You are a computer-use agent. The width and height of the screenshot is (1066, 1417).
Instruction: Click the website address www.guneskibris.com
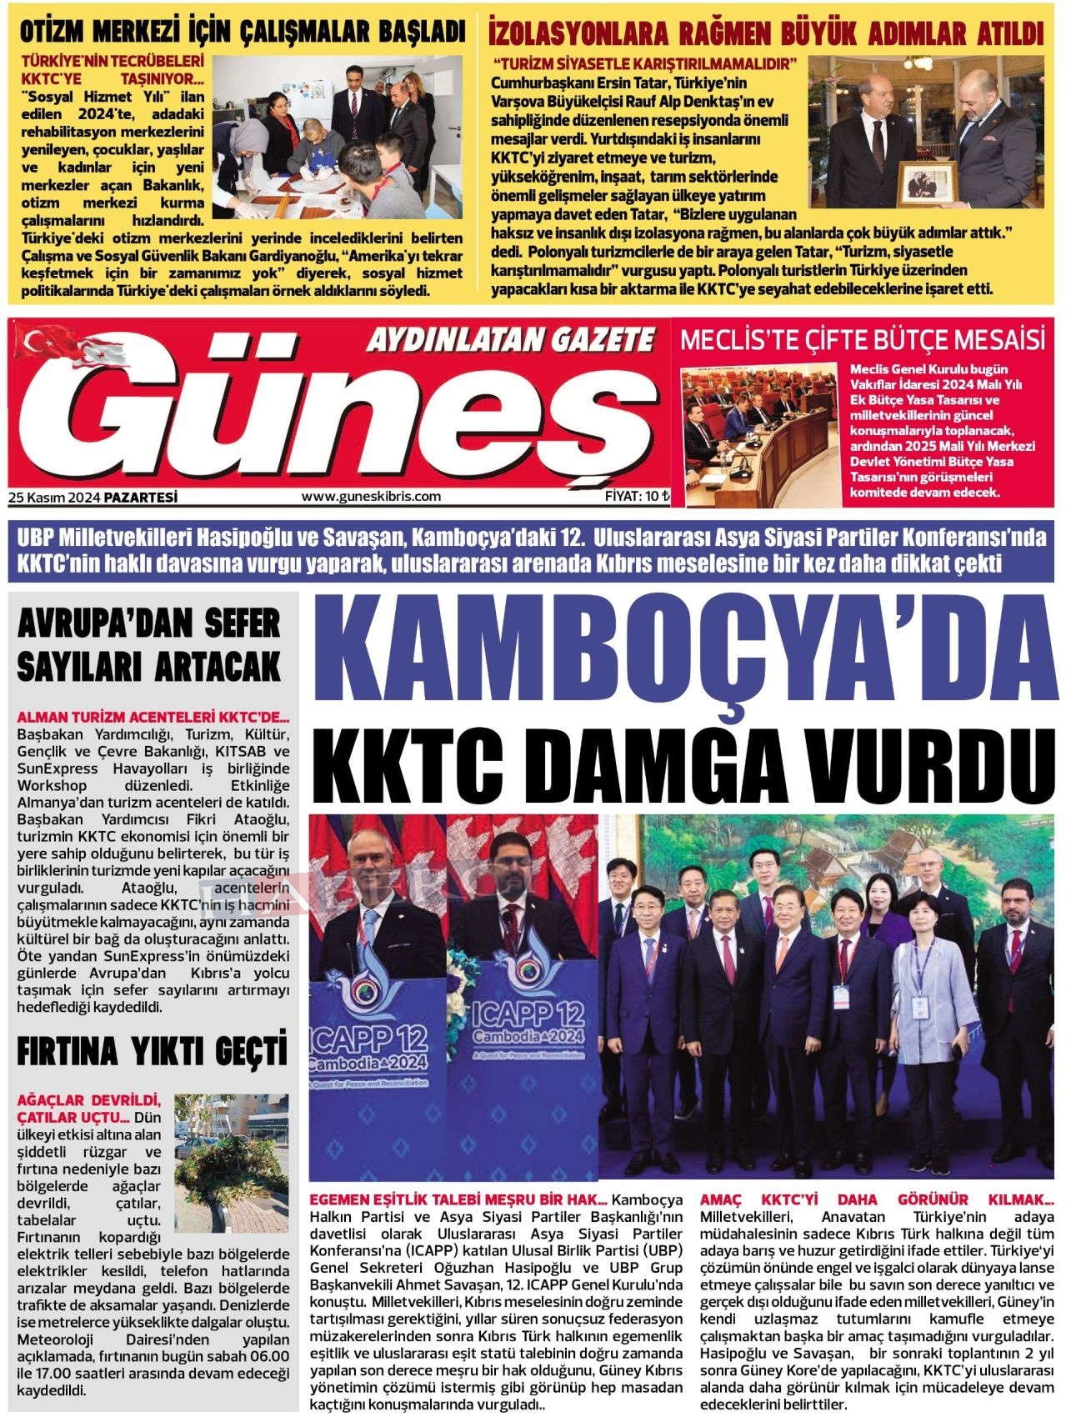pos(371,497)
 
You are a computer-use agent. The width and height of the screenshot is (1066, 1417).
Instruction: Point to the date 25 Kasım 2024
pos(54,498)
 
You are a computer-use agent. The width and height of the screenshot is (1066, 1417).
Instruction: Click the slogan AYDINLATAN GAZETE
pos(510,339)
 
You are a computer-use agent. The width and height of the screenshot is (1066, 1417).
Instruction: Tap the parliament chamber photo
pos(760,433)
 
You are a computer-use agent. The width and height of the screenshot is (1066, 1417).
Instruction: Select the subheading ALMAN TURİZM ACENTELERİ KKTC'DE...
pos(153,718)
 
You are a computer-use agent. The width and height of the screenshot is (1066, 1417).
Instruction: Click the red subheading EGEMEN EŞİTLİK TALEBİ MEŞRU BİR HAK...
pos(457,1199)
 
